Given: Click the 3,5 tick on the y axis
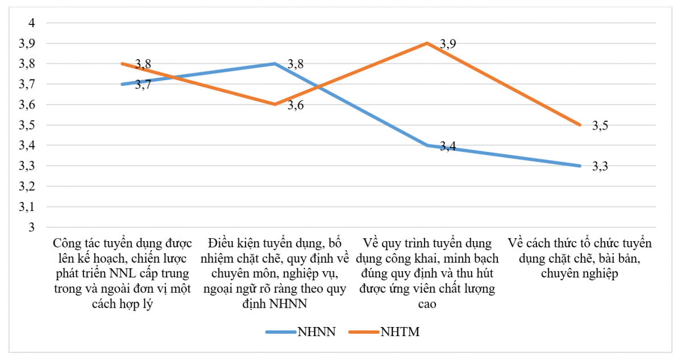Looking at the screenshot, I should (27, 125).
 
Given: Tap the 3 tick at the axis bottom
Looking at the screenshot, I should (32, 227).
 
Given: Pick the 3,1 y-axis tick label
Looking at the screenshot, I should (27, 207).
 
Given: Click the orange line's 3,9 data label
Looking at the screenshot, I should (448, 44).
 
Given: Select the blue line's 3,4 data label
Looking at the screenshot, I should (448, 147).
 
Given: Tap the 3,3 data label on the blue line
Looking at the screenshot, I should (600, 167).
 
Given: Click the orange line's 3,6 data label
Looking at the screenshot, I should (295, 106).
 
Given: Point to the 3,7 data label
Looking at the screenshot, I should (143, 85).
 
